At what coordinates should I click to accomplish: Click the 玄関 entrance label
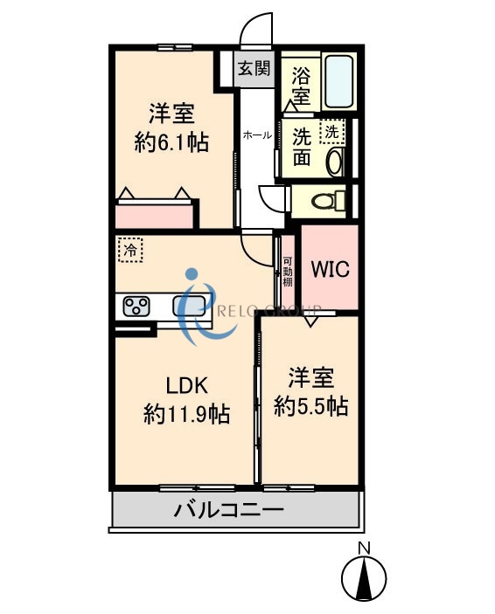point(254,68)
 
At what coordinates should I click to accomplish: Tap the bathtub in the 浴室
point(338,80)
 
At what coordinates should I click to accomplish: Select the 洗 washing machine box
point(332,132)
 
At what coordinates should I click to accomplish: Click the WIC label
point(330,268)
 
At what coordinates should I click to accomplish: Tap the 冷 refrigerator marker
point(130,250)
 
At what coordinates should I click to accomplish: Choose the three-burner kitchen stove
point(136,306)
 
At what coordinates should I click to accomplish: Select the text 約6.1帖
point(171,142)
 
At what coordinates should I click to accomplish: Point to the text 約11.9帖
point(186,413)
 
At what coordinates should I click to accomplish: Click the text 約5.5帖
point(310,405)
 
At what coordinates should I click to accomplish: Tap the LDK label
point(186,384)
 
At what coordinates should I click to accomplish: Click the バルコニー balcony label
point(227,509)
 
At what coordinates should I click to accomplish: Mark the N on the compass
point(364,548)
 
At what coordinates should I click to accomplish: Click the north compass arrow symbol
point(364,577)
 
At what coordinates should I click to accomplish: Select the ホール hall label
point(256,135)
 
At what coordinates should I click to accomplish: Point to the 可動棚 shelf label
point(287,273)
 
